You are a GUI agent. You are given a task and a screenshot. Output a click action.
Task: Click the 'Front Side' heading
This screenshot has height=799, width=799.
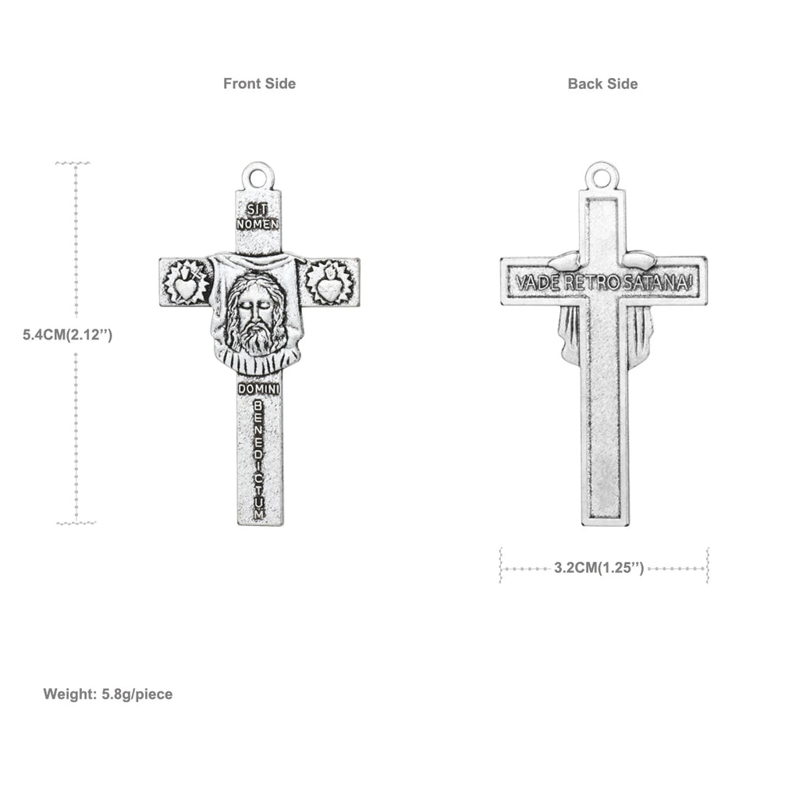(259, 83)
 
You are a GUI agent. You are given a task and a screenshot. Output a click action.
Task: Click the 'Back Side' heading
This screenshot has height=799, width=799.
(602, 83)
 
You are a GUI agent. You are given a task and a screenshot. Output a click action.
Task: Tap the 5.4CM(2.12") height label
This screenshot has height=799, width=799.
(69, 335)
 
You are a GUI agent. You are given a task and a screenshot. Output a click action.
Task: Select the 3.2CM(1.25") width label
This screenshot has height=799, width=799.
(599, 568)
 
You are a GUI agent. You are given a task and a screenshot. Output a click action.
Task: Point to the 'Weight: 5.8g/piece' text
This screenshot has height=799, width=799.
(108, 694)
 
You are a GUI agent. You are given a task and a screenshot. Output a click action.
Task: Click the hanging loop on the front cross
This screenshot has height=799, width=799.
(258, 173)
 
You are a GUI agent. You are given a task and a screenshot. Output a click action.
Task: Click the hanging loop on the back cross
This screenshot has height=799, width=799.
(602, 176)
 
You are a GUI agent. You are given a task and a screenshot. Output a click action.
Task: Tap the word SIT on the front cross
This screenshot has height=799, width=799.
(257, 209)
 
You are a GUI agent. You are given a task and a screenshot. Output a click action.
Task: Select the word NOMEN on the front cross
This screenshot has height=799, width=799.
(257, 223)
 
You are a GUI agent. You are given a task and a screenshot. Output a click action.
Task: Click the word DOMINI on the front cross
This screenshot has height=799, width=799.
(257, 388)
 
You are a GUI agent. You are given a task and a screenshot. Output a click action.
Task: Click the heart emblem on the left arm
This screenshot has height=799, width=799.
(186, 282)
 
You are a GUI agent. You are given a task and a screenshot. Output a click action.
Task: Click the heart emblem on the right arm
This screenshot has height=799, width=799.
(329, 282)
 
